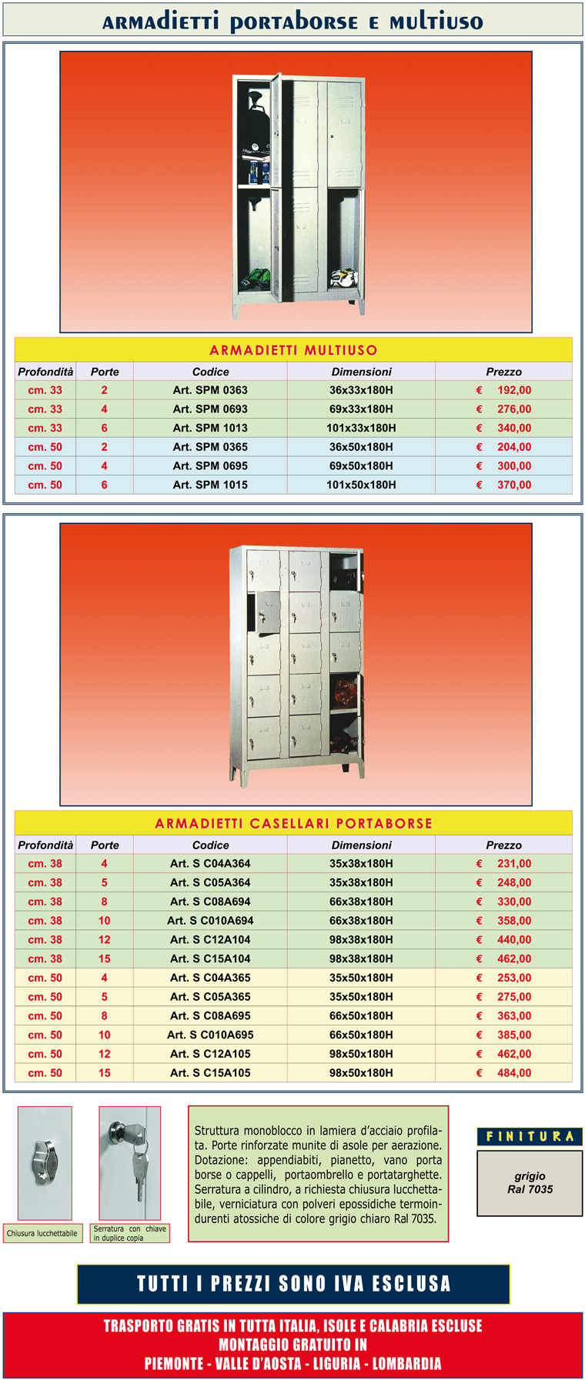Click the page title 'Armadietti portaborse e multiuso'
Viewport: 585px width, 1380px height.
[x=292, y=21]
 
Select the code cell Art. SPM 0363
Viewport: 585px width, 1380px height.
[x=210, y=390]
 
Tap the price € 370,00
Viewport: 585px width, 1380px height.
[x=504, y=485]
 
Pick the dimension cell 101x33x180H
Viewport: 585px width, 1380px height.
[x=361, y=428]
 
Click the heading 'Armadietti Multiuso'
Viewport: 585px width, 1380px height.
[x=293, y=350]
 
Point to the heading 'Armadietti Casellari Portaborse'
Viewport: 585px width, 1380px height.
[x=293, y=823]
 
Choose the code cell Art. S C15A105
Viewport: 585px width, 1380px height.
[x=210, y=1072]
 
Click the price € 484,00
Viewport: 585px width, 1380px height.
[x=504, y=1072]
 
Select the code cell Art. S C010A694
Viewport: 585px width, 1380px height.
[x=210, y=920]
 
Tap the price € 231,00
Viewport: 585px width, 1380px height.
[x=504, y=863]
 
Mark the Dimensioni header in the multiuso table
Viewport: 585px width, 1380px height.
[x=361, y=372]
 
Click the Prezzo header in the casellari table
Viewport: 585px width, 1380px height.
[x=503, y=845]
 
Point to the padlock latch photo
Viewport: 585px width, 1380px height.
[x=45, y=1162]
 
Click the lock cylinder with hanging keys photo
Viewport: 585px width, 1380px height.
[x=129, y=1162]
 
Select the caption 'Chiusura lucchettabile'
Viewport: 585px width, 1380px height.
[x=42, y=1233]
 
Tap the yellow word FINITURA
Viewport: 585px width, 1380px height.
[x=530, y=1136]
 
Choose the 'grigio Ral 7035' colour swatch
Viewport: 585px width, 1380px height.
[x=530, y=1182]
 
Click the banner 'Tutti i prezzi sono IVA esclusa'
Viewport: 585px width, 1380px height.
[x=293, y=1284]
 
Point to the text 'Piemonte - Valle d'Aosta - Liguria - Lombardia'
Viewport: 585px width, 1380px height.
[x=293, y=1363]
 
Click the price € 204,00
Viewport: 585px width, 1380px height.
[x=504, y=447]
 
